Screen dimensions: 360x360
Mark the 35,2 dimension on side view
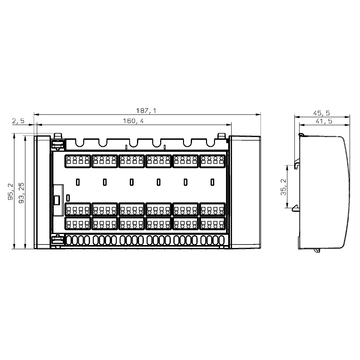[x=283, y=188]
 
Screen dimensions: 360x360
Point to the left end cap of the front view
[x=41, y=190]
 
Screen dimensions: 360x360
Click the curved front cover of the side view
[x=340, y=190]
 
